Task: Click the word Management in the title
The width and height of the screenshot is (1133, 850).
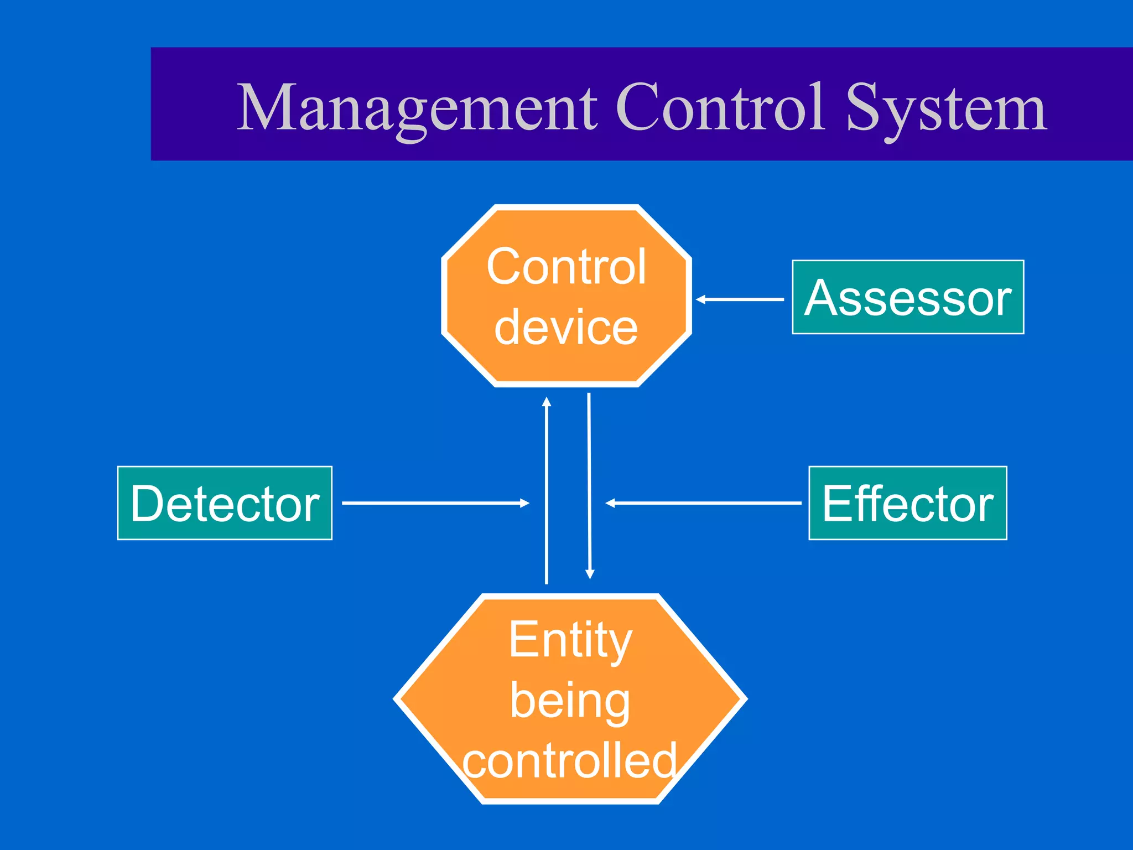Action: [x=417, y=108]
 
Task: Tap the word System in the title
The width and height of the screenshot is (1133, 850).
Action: [x=946, y=108]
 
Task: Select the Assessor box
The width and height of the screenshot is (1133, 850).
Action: [x=908, y=297]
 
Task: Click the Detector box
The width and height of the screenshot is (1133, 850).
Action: [x=225, y=503]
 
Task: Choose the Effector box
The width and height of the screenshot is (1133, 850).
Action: [x=907, y=503]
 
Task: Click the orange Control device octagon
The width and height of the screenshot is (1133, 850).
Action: [x=566, y=296]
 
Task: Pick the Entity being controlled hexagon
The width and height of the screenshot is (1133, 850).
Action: [x=570, y=699]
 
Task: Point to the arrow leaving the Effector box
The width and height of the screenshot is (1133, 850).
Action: [x=703, y=503]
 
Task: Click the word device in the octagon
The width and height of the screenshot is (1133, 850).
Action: [x=566, y=327]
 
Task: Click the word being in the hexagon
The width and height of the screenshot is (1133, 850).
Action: [x=570, y=701]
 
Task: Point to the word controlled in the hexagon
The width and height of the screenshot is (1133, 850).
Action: [x=570, y=761]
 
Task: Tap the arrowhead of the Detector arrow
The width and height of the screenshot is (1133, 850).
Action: [x=525, y=503]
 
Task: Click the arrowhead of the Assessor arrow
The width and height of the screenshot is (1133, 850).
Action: [x=700, y=299]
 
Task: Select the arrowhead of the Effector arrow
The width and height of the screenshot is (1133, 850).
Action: [x=610, y=503]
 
